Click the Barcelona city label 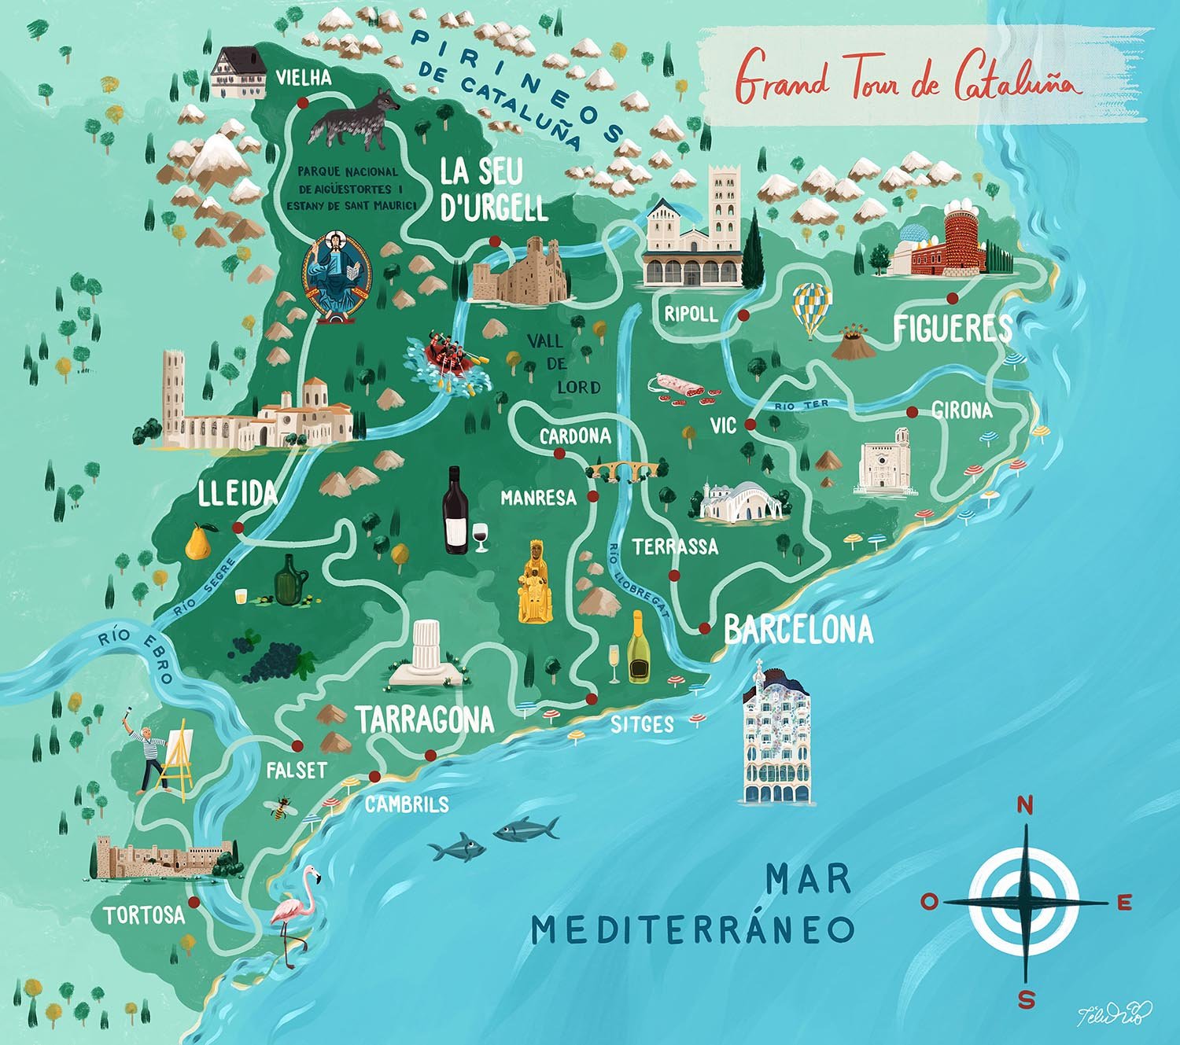798,630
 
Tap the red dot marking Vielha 302,102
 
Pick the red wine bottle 454,512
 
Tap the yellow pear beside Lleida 199,542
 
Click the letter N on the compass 1025,805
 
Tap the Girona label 961,410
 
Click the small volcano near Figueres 851,343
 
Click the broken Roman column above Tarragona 427,654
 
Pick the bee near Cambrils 279,808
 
